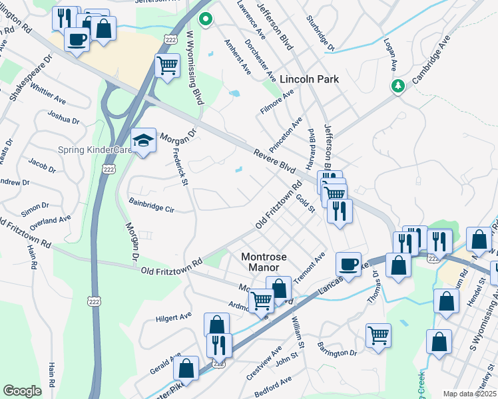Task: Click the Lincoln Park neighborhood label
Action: point(309,79)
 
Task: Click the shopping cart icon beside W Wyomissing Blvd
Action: point(167,65)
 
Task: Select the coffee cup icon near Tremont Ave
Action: point(348,263)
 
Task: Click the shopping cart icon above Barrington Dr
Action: point(378,334)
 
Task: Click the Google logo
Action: point(22,390)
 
